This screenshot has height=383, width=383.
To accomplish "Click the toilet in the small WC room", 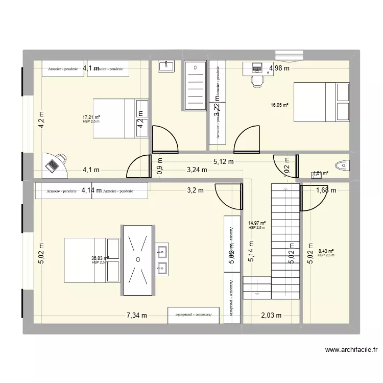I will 340,165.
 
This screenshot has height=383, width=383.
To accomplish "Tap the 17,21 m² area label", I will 91,117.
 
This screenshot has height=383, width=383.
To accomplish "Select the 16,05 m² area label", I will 279,105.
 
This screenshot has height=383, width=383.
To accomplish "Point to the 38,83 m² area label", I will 100,259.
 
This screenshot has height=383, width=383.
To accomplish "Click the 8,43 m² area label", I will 325,251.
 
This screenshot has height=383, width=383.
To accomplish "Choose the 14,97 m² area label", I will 257,223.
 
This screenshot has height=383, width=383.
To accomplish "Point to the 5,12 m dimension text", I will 224,162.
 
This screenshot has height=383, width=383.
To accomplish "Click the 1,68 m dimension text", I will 326,190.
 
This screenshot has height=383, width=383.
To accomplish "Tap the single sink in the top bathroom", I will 166,66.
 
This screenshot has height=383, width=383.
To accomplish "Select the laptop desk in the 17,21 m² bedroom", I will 54,164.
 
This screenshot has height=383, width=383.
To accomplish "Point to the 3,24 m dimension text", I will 197,171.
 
